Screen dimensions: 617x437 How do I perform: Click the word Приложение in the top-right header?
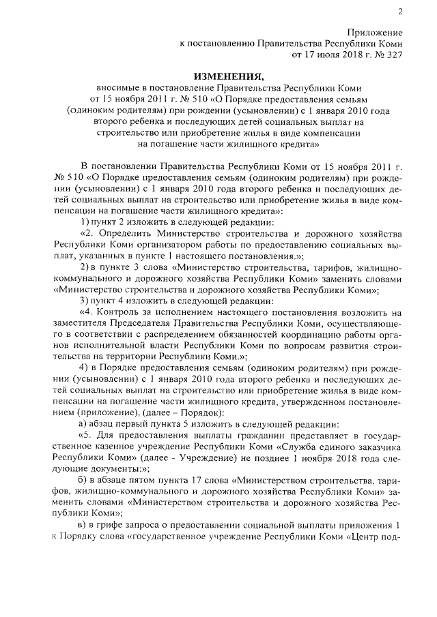pos(374,32)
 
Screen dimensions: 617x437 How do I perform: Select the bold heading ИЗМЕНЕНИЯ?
pos(227,75)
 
